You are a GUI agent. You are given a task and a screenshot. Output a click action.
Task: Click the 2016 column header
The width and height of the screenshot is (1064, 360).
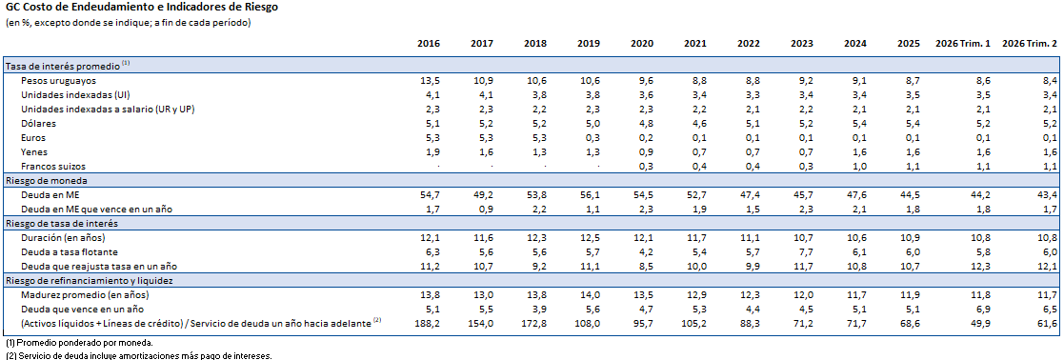[x=429, y=44]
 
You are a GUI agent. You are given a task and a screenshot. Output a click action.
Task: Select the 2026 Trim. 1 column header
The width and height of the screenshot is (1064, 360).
[x=964, y=44]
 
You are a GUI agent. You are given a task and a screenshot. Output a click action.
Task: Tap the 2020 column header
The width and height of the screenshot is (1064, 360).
[x=642, y=44]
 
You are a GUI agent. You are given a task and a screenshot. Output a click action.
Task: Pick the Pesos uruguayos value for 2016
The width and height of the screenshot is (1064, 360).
[x=431, y=81]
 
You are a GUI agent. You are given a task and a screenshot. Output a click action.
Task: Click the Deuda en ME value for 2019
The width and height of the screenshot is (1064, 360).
[x=590, y=195]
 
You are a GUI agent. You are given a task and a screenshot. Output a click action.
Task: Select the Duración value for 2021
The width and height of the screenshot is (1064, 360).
[x=697, y=238]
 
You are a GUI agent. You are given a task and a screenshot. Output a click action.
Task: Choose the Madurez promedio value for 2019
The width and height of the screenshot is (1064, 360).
[x=590, y=295]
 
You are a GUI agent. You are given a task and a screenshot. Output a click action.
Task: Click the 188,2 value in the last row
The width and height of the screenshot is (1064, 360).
[x=429, y=324]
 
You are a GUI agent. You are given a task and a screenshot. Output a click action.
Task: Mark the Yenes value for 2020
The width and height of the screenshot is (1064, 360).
[x=645, y=152]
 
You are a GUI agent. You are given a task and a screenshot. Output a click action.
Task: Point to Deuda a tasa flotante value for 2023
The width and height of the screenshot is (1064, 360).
[x=806, y=252]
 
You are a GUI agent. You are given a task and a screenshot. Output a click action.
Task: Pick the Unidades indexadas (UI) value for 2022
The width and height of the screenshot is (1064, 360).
[x=752, y=95]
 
